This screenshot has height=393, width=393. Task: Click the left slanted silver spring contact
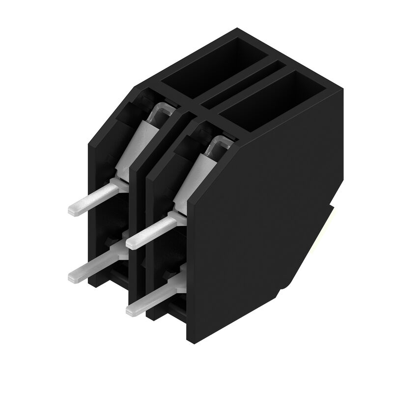tap(140, 142)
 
